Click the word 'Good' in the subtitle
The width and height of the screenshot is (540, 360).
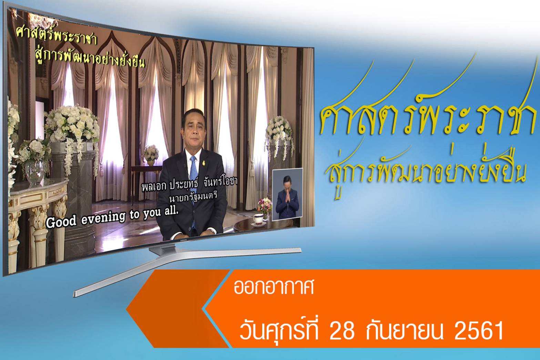click(61, 222)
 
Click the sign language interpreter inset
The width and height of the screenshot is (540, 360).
click(287, 194)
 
